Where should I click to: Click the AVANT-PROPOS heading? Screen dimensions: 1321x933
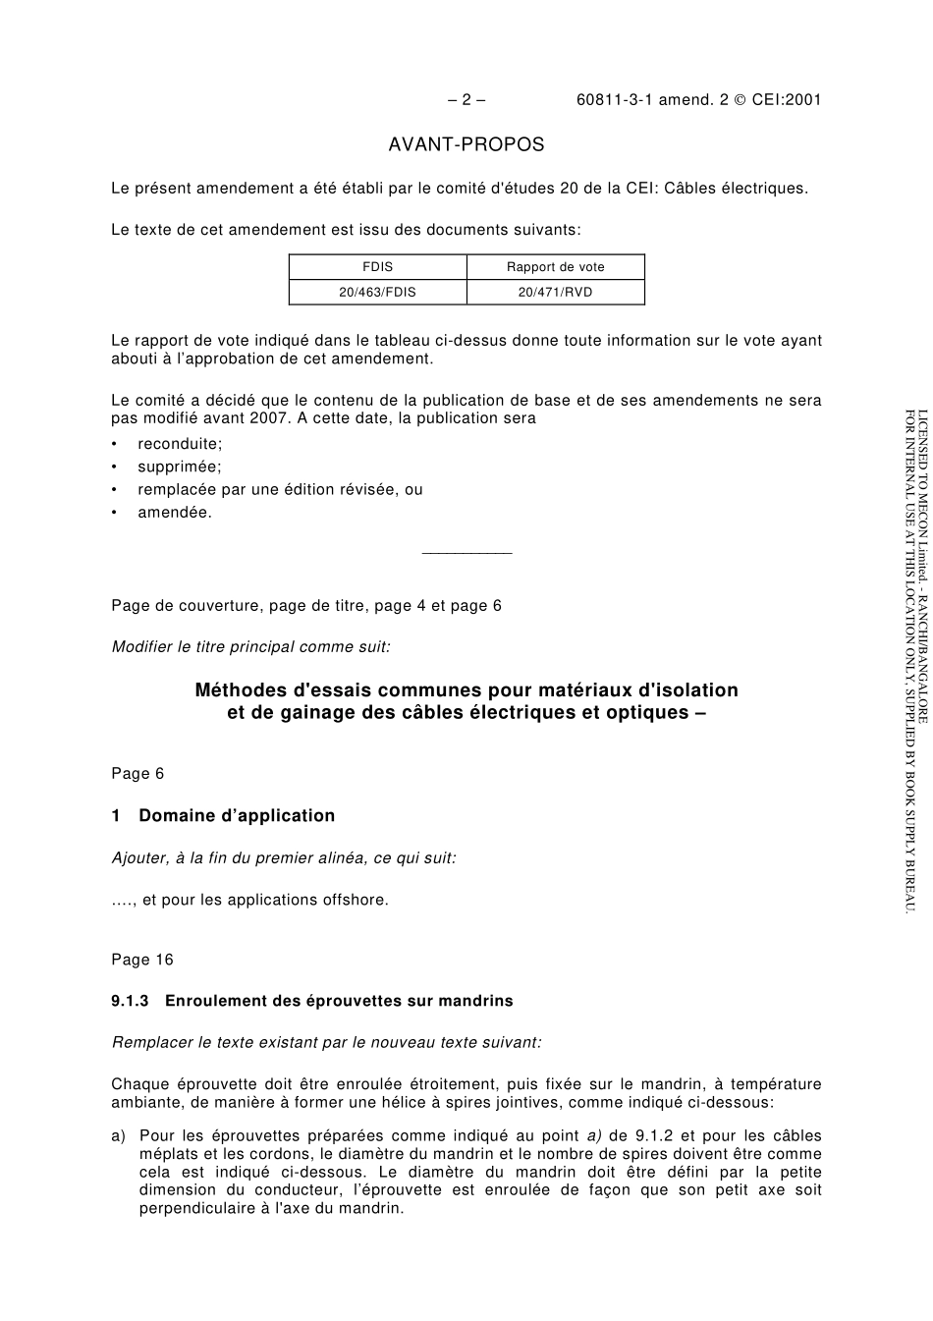click(466, 145)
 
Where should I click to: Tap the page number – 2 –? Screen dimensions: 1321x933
click(466, 99)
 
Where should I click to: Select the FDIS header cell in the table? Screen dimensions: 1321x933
click(377, 267)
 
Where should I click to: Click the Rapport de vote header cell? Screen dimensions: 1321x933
click(555, 267)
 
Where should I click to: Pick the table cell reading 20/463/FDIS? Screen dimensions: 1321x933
click(377, 292)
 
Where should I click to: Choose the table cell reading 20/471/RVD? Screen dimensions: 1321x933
click(555, 292)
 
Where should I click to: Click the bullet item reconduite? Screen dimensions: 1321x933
click(180, 444)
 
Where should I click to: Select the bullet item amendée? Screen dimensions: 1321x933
click(174, 512)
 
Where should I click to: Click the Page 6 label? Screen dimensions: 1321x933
click(137, 774)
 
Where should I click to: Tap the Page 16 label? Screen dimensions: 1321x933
click(141, 960)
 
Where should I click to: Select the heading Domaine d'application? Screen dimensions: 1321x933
click(237, 816)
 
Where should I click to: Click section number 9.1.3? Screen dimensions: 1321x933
click(130, 1001)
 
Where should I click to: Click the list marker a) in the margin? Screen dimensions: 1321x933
click(119, 1136)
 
